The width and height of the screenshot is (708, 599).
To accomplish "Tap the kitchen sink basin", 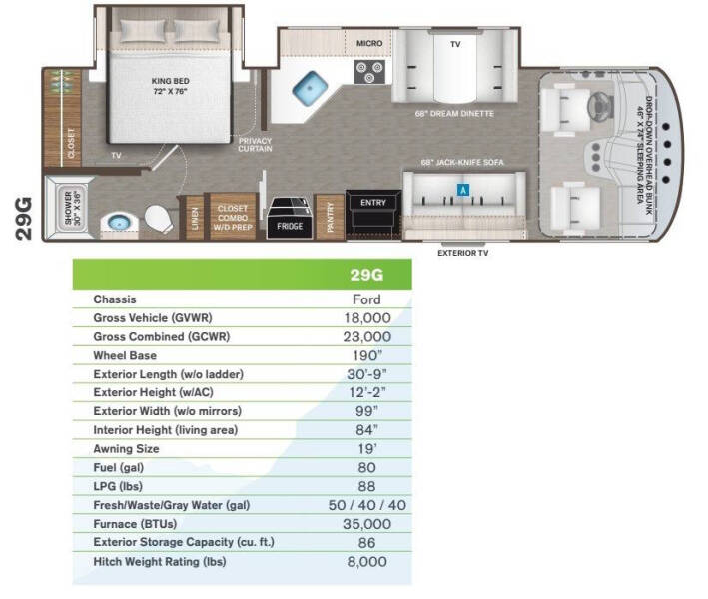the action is click(310, 87).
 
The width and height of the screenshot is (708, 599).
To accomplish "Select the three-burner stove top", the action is click(369, 72).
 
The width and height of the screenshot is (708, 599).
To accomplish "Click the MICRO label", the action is click(369, 43).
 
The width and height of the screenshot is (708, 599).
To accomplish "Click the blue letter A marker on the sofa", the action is click(463, 190).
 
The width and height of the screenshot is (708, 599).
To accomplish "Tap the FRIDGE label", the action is click(290, 226).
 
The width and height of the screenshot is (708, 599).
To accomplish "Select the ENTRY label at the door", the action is click(373, 203).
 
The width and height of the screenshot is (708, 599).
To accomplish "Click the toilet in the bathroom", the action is click(158, 219).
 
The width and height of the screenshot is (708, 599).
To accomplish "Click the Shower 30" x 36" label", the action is click(72, 208).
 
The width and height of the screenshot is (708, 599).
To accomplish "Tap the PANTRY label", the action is click(330, 217).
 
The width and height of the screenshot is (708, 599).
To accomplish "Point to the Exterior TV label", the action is click(462, 253).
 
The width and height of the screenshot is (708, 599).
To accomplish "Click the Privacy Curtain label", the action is click(255, 145).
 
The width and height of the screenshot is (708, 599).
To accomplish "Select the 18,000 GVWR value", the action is click(367, 318).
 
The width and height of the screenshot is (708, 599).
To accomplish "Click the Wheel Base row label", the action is click(125, 355).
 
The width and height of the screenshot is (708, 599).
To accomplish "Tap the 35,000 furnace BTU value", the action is click(367, 524).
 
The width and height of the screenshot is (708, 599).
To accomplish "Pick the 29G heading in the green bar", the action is click(366, 275).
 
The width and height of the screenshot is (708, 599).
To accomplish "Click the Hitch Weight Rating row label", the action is click(160, 562).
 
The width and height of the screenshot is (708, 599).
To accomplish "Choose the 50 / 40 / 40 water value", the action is click(367, 505).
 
